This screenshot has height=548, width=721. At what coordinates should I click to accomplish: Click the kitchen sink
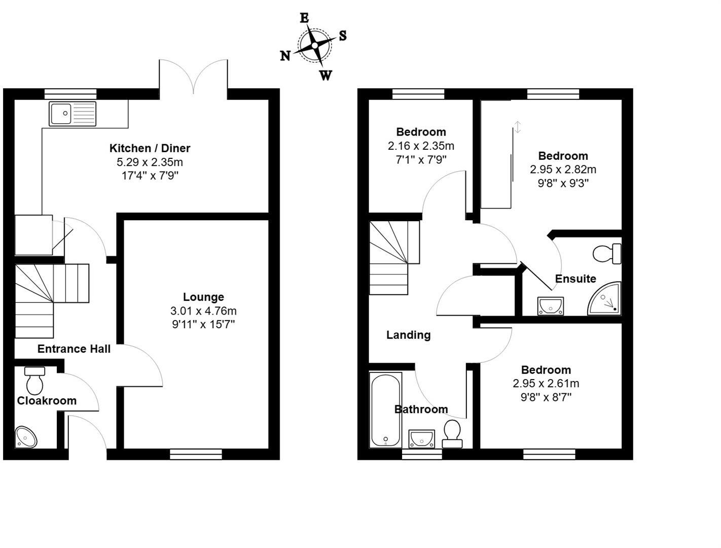[73, 113]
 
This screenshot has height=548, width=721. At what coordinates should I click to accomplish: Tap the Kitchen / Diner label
[150, 148]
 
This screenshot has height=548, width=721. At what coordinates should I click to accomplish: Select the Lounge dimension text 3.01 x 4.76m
[203, 311]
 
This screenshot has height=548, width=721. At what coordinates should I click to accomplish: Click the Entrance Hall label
[74, 349]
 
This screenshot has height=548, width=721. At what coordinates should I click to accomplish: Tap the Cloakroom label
[47, 400]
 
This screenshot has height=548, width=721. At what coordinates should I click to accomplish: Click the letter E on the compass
[304, 18]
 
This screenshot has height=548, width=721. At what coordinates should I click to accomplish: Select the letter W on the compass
[326, 76]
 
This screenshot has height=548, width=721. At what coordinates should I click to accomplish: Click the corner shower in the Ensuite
[606, 299]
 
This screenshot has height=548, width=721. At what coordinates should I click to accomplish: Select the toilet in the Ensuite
[607, 254]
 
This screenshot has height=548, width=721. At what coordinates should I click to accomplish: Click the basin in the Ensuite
[551, 306]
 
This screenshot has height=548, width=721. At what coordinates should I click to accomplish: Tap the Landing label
[408, 335]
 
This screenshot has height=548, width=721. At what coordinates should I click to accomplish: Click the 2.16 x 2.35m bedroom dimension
[421, 146]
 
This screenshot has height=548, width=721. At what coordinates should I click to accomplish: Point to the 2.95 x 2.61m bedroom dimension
[546, 384]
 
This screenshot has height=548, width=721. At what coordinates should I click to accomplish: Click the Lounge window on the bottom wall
[196, 454]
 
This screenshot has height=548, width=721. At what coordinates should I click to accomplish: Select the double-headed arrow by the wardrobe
[518, 127]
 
